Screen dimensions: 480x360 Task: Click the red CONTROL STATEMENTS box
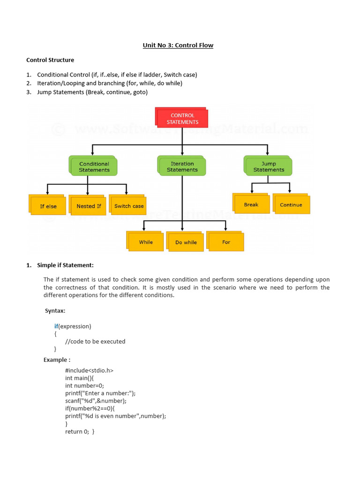coord(182,118)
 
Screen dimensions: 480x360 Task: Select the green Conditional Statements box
coord(94,167)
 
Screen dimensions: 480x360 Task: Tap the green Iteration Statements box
coord(182,167)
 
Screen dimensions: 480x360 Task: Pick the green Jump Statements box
coord(269,166)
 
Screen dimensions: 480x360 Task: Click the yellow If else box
coord(48,206)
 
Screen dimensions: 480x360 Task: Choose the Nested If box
coord(89,206)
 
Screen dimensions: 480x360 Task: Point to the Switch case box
coord(129,206)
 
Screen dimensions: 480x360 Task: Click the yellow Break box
coord(251,204)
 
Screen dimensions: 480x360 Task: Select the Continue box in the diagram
coord(291,205)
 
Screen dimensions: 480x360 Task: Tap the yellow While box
coord(146,242)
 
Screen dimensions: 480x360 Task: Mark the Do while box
coord(186,242)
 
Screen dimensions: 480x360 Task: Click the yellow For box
coord(226,242)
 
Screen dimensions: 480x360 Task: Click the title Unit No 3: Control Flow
coord(178,45)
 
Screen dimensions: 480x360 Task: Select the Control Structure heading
coord(50,60)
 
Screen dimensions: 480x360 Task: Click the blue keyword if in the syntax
coord(56,326)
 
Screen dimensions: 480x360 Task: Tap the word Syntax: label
coord(55,311)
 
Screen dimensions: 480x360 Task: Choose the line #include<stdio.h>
coord(89,370)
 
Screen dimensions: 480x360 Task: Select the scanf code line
coord(96,401)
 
